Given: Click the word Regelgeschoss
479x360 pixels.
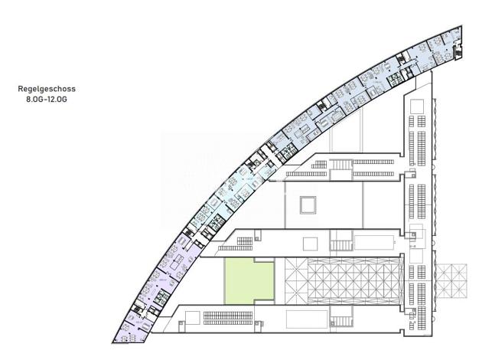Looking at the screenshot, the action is pyautogui.click(x=47, y=89).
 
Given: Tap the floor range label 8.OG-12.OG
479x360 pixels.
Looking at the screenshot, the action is pyautogui.click(x=47, y=100).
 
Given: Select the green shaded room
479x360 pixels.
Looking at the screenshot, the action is pyautogui.click(x=249, y=281).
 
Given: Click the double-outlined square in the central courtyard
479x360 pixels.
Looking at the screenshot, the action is pyautogui.click(x=308, y=205).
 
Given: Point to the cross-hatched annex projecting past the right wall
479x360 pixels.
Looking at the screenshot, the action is pyautogui.click(x=451, y=281).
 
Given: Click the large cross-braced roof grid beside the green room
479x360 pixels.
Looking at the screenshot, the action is pyautogui.click(x=342, y=281).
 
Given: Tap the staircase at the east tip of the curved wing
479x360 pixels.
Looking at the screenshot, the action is pyautogui.click(x=458, y=53).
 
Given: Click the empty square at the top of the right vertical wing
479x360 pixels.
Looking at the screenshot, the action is pyautogui.click(x=417, y=106).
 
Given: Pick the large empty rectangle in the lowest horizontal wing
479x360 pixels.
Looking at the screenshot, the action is pyautogui.click(x=307, y=319).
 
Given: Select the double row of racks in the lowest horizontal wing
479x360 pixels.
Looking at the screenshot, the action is pyautogui.click(x=228, y=318).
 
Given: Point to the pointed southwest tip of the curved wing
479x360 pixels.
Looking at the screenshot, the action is pyautogui.click(x=112, y=342).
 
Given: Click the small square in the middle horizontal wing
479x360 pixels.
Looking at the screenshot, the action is pyautogui.click(x=310, y=244).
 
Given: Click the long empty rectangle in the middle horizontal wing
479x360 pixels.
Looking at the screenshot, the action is pyautogui.click(x=374, y=243).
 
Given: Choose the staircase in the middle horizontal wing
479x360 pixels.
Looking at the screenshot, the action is pyautogui.click(x=341, y=245).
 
